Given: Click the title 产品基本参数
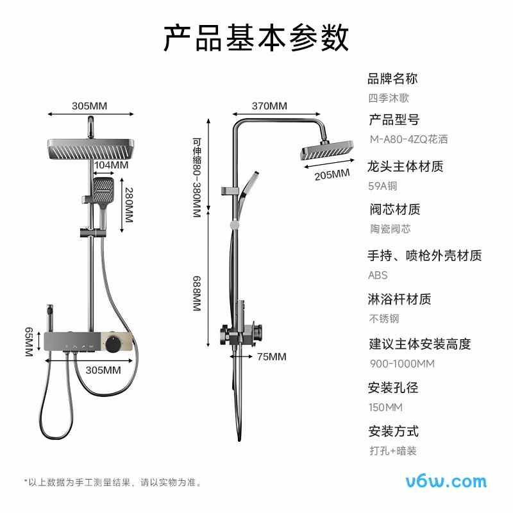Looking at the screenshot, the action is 256,38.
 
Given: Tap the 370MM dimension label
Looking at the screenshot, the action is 269,106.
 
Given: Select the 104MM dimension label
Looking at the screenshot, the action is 111,165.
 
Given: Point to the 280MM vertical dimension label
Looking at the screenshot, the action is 129,205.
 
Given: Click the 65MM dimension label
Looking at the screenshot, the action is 29,342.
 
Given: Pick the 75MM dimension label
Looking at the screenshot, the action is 271,357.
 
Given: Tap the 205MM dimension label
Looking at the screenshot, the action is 332,174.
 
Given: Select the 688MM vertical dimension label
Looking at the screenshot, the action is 196,294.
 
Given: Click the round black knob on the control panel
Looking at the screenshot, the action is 113,344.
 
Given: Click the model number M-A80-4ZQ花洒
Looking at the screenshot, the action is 408,139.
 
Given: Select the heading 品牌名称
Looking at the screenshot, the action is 392,79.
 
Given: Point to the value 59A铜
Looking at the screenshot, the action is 382,186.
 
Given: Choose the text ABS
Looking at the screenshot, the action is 378,275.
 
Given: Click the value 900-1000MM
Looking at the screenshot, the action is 402,364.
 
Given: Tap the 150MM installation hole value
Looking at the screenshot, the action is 385,407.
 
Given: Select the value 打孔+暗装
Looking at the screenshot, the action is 393,451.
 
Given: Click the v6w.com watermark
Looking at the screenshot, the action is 446,482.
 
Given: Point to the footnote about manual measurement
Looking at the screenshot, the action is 113,482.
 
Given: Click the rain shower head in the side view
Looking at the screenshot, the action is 327,151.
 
